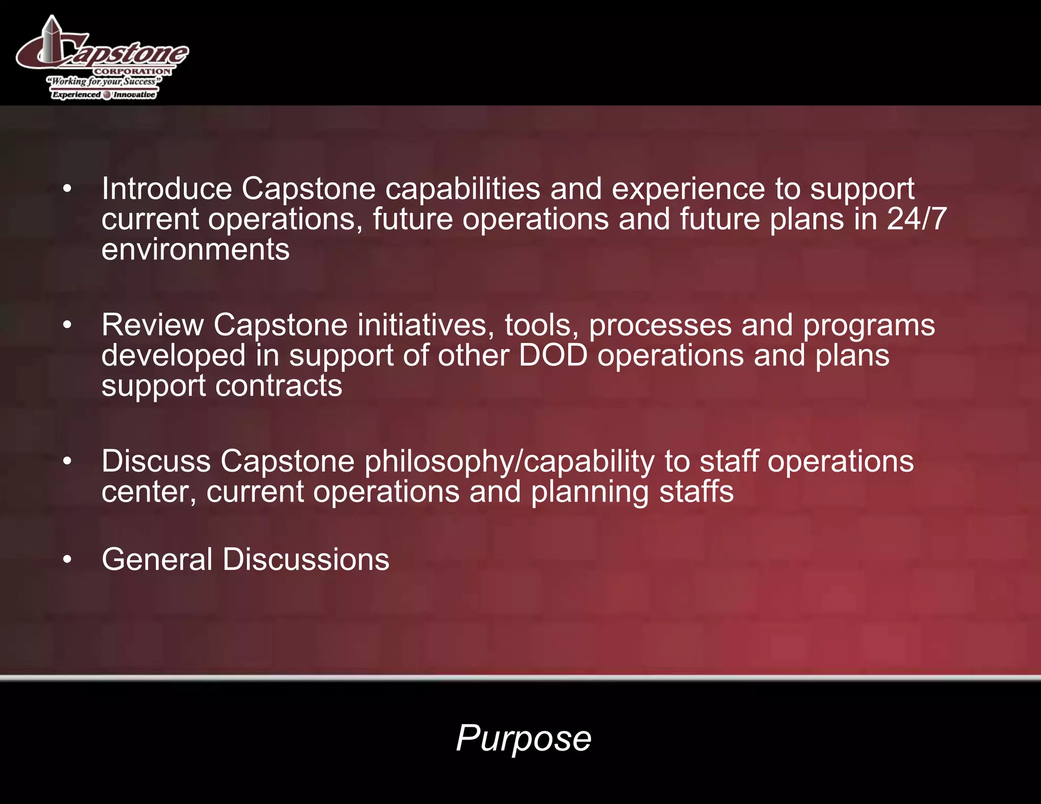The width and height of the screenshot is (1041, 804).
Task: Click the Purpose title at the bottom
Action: click(x=523, y=738)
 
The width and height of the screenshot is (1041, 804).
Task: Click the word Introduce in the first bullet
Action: click(x=167, y=189)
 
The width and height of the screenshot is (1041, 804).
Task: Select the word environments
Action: click(x=195, y=250)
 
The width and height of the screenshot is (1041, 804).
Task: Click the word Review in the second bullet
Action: click(x=152, y=325)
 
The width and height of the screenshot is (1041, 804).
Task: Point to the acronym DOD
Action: click(x=553, y=355)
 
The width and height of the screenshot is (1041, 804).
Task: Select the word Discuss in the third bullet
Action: click(x=156, y=461)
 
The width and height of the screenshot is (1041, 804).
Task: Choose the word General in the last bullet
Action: click(x=157, y=560)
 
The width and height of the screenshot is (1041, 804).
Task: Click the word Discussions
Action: click(x=306, y=560)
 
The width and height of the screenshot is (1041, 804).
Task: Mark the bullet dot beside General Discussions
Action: click(x=67, y=560)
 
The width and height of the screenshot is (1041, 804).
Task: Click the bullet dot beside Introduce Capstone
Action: click(x=67, y=189)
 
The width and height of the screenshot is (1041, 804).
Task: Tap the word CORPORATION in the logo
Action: click(x=132, y=72)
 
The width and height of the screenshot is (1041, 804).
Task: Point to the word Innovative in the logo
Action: click(x=134, y=95)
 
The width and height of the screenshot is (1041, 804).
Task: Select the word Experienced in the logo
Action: click(x=77, y=95)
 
